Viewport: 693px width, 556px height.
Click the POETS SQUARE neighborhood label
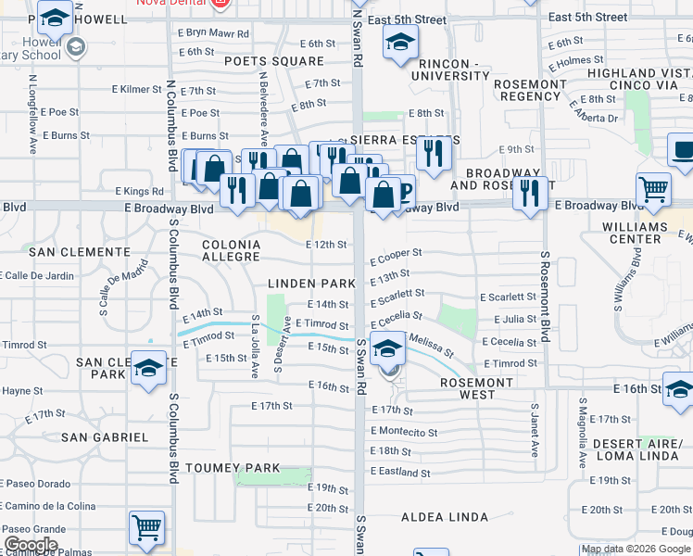(273, 61)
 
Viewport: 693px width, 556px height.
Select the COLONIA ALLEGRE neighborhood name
(231, 249)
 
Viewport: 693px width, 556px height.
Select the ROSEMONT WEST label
(476, 388)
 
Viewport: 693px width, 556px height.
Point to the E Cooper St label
(397, 253)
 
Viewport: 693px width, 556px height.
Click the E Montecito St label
(404, 432)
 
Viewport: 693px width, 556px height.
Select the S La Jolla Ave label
(255, 346)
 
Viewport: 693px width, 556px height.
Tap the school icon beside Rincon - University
(400, 42)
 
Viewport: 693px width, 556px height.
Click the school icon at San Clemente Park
(148, 369)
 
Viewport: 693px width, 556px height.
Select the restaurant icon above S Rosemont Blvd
(530, 194)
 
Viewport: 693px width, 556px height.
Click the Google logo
(31, 545)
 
